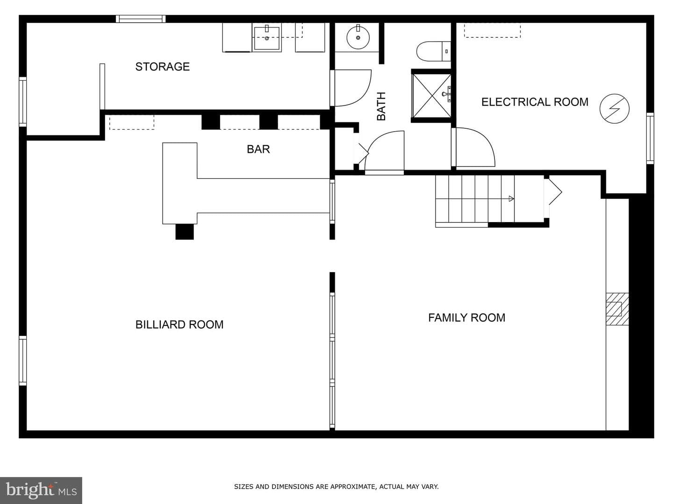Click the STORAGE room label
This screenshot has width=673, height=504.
[x=163, y=67]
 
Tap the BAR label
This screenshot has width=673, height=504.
[x=258, y=149]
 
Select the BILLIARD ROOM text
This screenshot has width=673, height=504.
[x=179, y=325]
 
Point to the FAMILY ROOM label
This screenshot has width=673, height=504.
[x=466, y=318]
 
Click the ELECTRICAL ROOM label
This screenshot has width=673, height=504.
[x=535, y=102]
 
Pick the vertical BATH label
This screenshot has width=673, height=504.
[x=381, y=106]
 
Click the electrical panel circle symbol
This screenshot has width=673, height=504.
[x=615, y=109]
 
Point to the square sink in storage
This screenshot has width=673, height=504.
[x=267, y=38]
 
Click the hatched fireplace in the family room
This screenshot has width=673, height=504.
[x=617, y=309]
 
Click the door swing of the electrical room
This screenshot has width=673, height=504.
[x=475, y=147]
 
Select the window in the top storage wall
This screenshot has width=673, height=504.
[x=141, y=19]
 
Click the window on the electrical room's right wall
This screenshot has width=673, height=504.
[x=650, y=138]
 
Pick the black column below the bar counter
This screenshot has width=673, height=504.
[x=185, y=232]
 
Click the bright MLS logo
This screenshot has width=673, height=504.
[x=41, y=490]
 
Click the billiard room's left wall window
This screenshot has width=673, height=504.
[x=23, y=361]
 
